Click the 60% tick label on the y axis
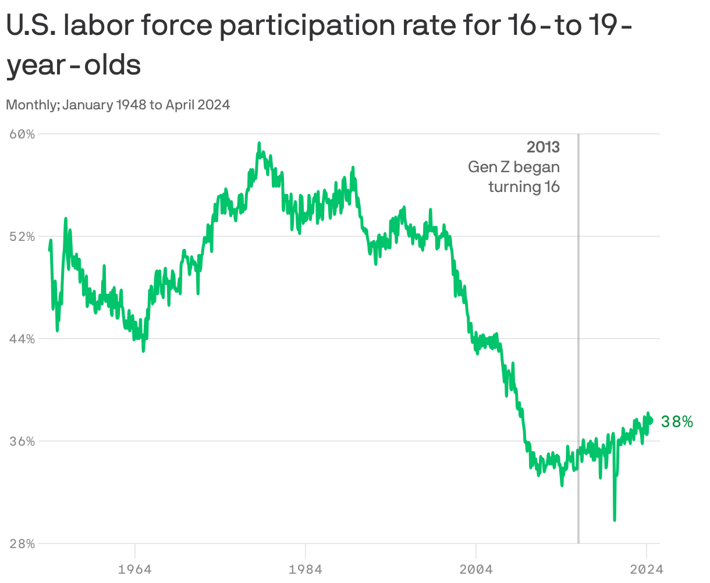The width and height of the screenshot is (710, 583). click(23, 134)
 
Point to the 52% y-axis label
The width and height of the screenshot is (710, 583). click(23, 236)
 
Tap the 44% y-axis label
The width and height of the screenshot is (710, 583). click(23, 339)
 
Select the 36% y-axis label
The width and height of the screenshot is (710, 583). click(23, 441)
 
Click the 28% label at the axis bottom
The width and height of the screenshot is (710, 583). click(23, 543)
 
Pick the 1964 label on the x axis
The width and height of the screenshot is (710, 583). click(135, 568)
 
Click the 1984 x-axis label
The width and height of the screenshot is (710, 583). click(306, 568)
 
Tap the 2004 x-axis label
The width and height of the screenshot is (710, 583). click(476, 568)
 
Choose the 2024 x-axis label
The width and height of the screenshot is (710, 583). click(646, 568)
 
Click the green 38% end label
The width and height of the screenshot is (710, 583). click(677, 422)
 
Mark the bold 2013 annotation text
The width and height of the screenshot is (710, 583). click(543, 147)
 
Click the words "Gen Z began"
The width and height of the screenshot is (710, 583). click(514, 167)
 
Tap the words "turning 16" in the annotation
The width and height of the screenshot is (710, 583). click(524, 187)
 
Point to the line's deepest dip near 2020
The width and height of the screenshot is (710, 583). click(615, 519)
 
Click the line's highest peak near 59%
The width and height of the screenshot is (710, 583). click(259, 143)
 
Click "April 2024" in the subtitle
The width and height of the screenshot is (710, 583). click(198, 105)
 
